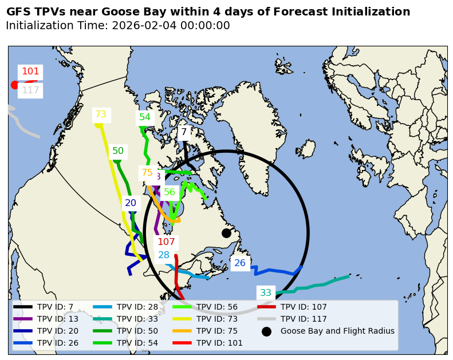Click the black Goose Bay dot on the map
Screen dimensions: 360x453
pyautogui.click(x=226, y=233)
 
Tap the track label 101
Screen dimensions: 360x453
pyautogui.click(x=30, y=72)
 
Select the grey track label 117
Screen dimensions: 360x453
pyautogui.click(x=30, y=90)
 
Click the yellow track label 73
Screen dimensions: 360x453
pyautogui.click(x=101, y=114)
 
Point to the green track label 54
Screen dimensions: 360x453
pyautogui.click(x=145, y=117)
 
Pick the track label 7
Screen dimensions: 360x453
pyautogui.click(x=184, y=132)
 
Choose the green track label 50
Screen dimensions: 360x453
pyautogui.click(x=118, y=151)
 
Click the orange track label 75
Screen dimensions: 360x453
pyautogui.click(x=147, y=173)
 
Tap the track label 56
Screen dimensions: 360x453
pyautogui.click(x=170, y=192)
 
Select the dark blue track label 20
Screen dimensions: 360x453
pyautogui.click(x=131, y=203)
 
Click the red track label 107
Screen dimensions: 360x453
pyautogui.click(x=166, y=242)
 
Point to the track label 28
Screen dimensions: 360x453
pyautogui.click(x=164, y=255)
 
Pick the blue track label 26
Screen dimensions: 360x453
pyautogui.click(x=240, y=263)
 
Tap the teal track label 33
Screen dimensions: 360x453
pyautogui.click(x=266, y=293)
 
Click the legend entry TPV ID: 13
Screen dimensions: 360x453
pyautogui.click(x=55, y=319)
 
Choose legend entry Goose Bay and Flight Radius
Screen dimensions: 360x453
pyautogui.click(x=337, y=331)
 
